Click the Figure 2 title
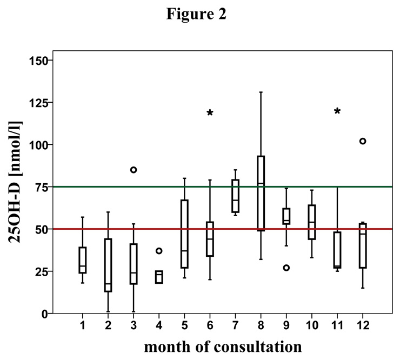(196, 15)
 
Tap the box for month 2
(108, 265)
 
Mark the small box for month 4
(158, 277)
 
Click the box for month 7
(235, 196)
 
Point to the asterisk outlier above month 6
(210, 113)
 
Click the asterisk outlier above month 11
(337, 111)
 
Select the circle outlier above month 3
(134, 170)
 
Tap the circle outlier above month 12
(363, 141)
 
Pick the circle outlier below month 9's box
(286, 268)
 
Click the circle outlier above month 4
(159, 251)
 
